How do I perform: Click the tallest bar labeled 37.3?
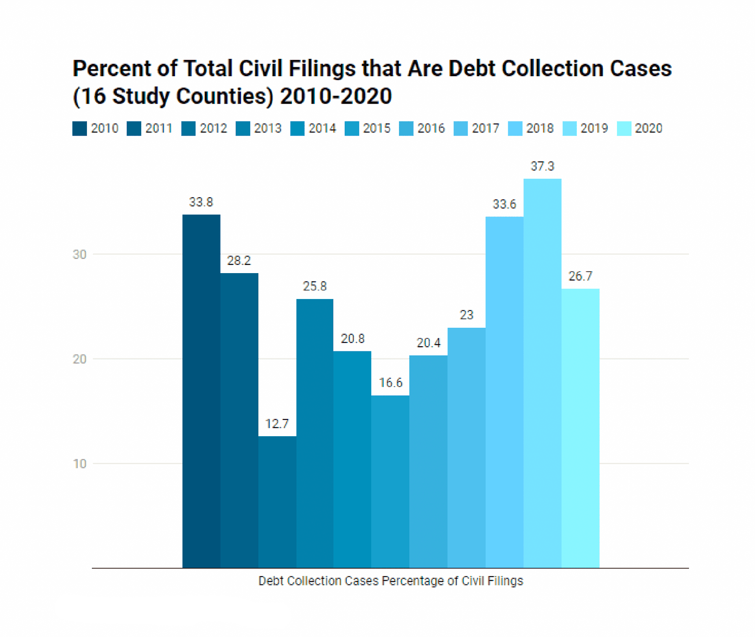(542, 373)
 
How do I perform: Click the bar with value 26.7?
(580, 428)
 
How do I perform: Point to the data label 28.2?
(239, 261)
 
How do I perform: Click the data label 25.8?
(315, 286)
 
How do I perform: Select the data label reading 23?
(466, 315)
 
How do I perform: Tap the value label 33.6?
(505, 204)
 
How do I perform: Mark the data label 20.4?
(429, 343)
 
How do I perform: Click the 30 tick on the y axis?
(79, 255)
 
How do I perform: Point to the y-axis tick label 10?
(79, 464)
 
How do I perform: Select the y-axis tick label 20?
(79, 359)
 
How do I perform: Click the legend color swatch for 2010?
(79, 129)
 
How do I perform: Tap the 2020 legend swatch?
(624, 129)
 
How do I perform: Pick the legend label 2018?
(540, 129)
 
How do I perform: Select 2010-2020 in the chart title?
(336, 96)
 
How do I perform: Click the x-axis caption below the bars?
(390, 581)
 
